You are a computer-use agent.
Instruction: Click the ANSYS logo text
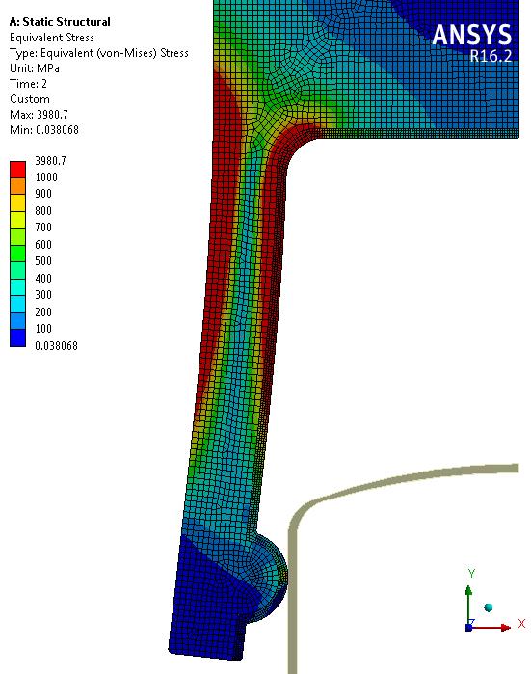click(471, 35)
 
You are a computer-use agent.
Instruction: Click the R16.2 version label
click(491, 56)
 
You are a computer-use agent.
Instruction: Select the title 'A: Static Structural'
click(60, 22)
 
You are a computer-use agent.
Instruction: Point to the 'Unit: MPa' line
click(35, 68)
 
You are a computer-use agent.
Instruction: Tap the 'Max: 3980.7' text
click(39, 115)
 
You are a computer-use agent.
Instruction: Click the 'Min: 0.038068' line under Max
click(43, 130)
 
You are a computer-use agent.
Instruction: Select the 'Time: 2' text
click(28, 83)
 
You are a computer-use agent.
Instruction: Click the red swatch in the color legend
click(17, 169)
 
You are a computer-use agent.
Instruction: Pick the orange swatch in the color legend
click(17, 186)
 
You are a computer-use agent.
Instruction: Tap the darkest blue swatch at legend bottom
click(17, 337)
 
